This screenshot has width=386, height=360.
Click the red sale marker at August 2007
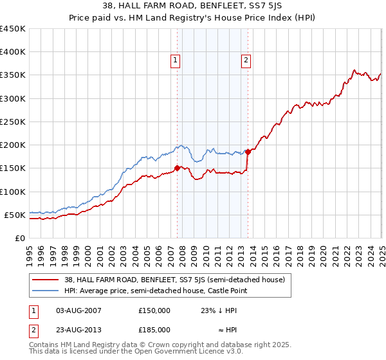[x=177, y=168]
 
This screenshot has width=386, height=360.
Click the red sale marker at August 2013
[x=248, y=152]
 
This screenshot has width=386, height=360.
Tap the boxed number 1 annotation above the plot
[x=175, y=61]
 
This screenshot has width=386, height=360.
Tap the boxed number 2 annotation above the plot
[x=246, y=61]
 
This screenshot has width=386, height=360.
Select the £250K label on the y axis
[x=12, y=122]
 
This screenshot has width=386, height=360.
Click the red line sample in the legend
[x=45, y=280]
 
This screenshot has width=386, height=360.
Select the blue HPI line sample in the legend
[x=45, y=291]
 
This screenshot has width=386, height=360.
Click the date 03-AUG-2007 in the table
[x=78, y=310]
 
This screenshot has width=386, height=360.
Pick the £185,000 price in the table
[x=154, y=330]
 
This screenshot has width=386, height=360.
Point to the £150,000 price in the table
[x=154, y=310]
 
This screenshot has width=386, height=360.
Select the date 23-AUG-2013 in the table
[x=78, y=330]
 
